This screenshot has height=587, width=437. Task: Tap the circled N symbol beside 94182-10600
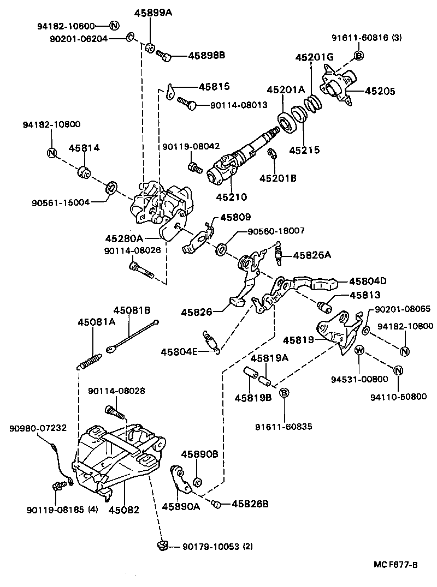(x=114, y=25)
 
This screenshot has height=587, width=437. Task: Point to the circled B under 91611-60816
(x=359, y=55)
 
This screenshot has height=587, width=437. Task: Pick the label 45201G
(x=314, y=57)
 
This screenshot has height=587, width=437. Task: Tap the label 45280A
(x=124, y=238)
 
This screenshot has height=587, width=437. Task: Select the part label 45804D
(x=368, y=281)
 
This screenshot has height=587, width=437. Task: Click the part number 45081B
(x=132, y=310)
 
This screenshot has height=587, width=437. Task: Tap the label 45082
(x=123, y=511)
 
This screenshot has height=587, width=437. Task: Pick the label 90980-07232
(x=38, y=428)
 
